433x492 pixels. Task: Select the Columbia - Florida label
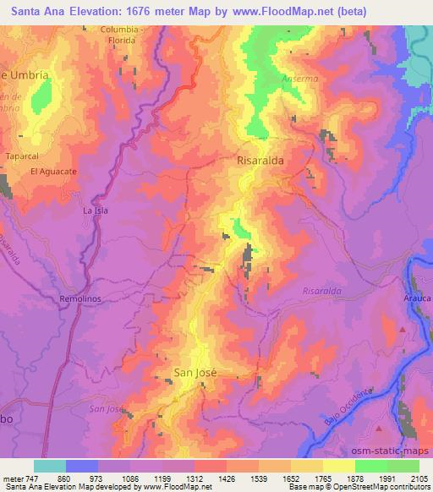tap(130, 33)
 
